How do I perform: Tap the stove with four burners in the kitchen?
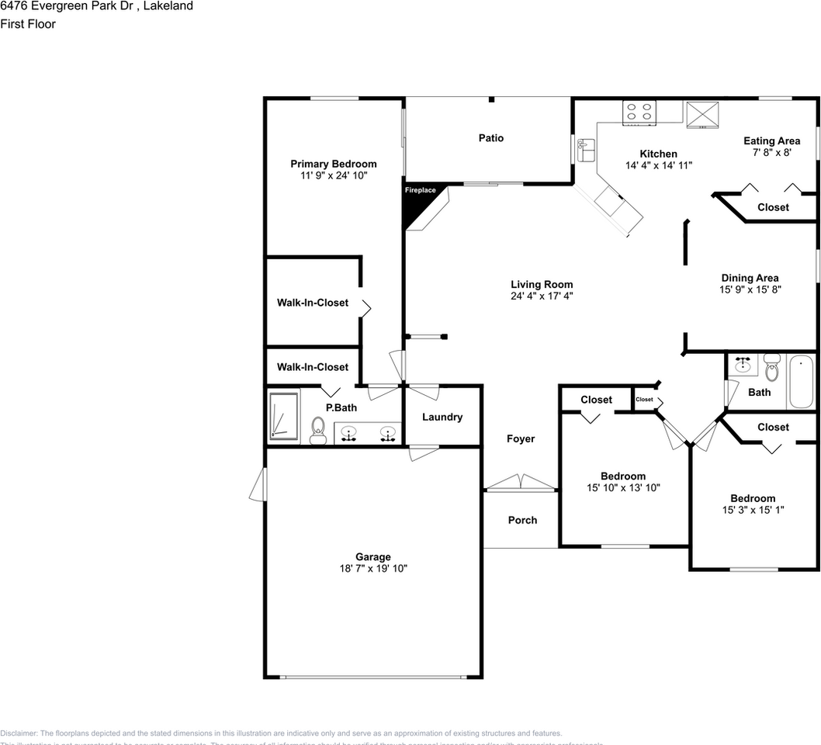click(x=640, y=112)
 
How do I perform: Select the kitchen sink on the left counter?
click(x=586, y=148)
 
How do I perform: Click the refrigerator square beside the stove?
click(x=703, y=114)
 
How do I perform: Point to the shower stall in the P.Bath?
click(x=284, y=417)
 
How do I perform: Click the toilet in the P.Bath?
click(x=317, y=431)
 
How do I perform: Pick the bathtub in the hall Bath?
click(x=802, y=382)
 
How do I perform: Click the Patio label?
click(x=490, y=138)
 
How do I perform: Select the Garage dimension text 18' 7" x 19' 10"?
click(x=373, y=568)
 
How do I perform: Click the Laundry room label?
click(x=442, y=417)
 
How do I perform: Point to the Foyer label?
click(x=521, y=438)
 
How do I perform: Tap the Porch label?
click(x=522, y=520)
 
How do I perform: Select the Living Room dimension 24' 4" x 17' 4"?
click(x=542, y=296)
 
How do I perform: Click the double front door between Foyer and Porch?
click(x=521, y=485)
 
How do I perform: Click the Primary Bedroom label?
click(x=334, y=164)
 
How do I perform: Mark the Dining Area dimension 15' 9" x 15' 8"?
click(x=750, y=289)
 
